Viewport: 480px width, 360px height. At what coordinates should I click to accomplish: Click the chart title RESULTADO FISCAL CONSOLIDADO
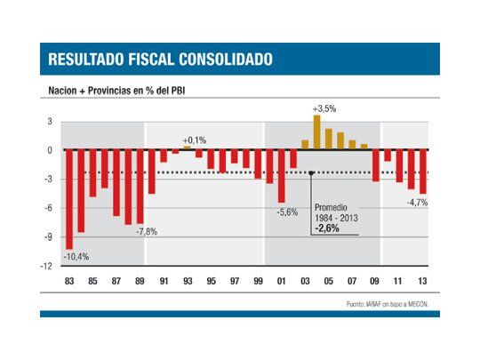tap(160, 60)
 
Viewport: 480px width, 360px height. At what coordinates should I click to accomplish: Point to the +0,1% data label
tap(194, 140)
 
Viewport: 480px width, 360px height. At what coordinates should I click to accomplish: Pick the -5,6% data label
tap(287, 212)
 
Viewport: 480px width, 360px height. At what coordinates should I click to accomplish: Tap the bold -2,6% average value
tap(325, 228)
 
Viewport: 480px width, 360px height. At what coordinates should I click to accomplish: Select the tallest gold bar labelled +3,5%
tap(316, 132)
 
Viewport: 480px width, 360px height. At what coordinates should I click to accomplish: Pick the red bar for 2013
tap(423, 171)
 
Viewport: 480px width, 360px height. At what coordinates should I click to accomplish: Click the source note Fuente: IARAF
tap(390, 303)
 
